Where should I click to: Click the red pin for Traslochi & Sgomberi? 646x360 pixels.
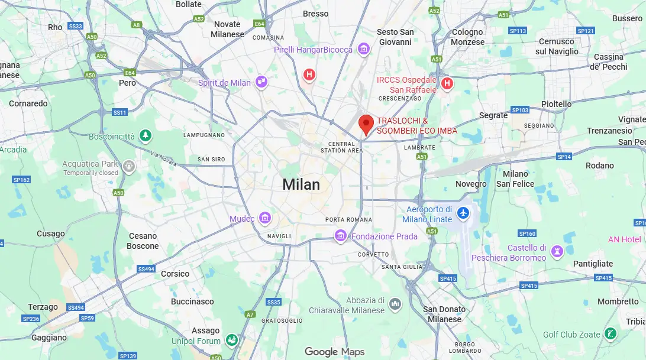366,124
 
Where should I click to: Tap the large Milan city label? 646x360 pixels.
301,184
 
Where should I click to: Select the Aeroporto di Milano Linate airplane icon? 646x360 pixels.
463,212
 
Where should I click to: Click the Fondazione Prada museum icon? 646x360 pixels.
340,236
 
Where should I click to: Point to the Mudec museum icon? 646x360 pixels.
265,219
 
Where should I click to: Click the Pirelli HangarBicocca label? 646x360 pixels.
313,50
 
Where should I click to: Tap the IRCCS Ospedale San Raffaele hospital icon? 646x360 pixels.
447,83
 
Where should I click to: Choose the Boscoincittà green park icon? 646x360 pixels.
145,137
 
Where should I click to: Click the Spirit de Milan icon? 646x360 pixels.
261,82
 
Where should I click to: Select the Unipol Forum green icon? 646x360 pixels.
231,340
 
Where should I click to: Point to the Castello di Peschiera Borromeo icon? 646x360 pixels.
557,252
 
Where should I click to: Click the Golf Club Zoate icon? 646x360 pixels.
611,334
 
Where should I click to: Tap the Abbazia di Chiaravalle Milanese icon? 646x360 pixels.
395,304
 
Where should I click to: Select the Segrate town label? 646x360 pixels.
493,115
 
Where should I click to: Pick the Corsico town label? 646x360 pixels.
175,274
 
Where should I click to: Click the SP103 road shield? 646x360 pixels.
519,110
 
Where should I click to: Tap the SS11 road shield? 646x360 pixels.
120,112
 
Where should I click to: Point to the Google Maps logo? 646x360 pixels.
335,352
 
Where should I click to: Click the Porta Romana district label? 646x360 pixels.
349,219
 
